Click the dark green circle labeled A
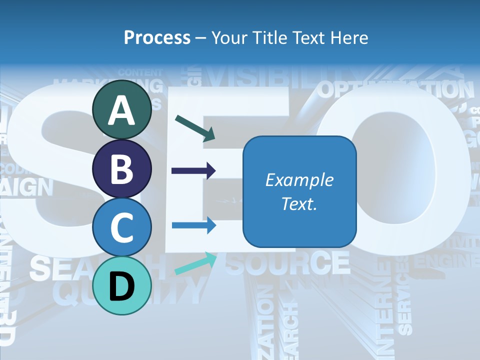pyautogui.click(x=122, y=110)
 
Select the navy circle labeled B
pyautogui.click(x=122, y=169)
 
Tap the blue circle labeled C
pyautogui.click(x=122, y=227)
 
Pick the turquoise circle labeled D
pyautogui.click(x=122, y=285)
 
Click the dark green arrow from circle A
pyautogui.click(x=195, y=127)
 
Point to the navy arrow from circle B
pyautogui.click(x=193, y=171)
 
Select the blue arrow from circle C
pyautogui.click(x=193, y=225)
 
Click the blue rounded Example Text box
pyautogui.click(x=299, y=191)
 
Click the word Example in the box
pyautogui.click(x=299, y=180)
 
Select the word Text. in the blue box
pyautogui.click(x=299, y=203)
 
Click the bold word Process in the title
pyautogui.click(x=157, y=37)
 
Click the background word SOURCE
pyautogui.click(x=287, y=263)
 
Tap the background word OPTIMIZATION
pyautogui.click(x=395, y=90)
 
